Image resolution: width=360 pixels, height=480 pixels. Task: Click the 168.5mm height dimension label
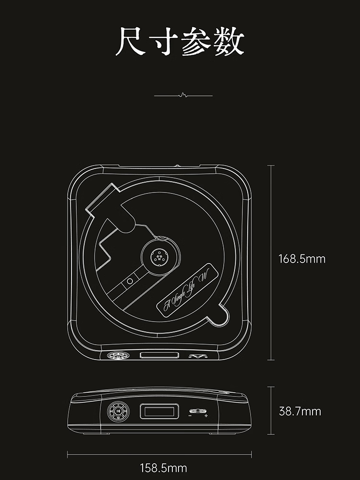pyautogui.click(x=302, y=259)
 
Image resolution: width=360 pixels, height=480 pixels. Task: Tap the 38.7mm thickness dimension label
pyautogui.click(x=300, y=411)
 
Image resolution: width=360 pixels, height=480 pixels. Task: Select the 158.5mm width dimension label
pyautogui.click(x=163, y=468)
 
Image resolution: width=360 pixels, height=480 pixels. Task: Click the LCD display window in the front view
pyautogui.click(x=160, y=411)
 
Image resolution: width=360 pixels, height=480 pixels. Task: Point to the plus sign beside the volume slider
pyautogui.click(x=206, y=416)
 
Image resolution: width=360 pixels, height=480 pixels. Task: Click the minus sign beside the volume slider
pyautogui.click(x=191, y=416)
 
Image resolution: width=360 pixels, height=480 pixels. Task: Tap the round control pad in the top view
pyautogui.click(x=118, y=356)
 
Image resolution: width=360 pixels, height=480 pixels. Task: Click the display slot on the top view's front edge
pyautogui.click(x=159, y=356)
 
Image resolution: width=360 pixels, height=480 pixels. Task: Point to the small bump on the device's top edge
pyautogui.click(x=178, y=166)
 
